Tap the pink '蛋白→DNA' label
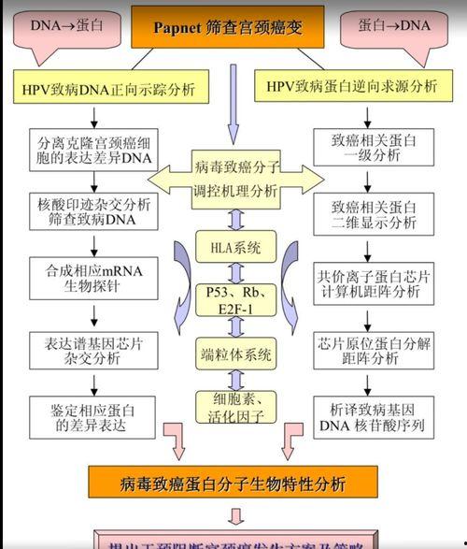[394, 25]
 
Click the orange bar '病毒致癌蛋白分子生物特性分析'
[233, 484]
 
